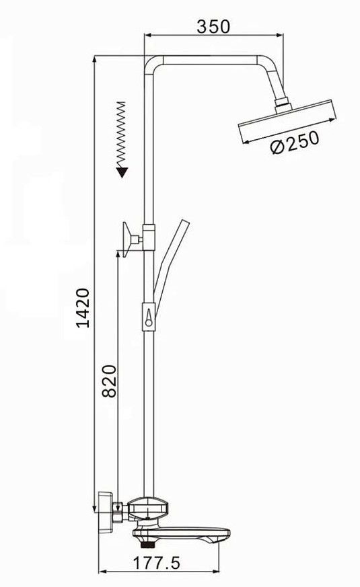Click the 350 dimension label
click(213, 26)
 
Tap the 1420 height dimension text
click(83, 308)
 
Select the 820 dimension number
click(110, 381)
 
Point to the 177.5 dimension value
click(157, 563)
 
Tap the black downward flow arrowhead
click(122, 173)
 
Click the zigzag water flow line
click(121, 134)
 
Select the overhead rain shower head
click(287, 121)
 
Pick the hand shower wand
click(170, 262)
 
